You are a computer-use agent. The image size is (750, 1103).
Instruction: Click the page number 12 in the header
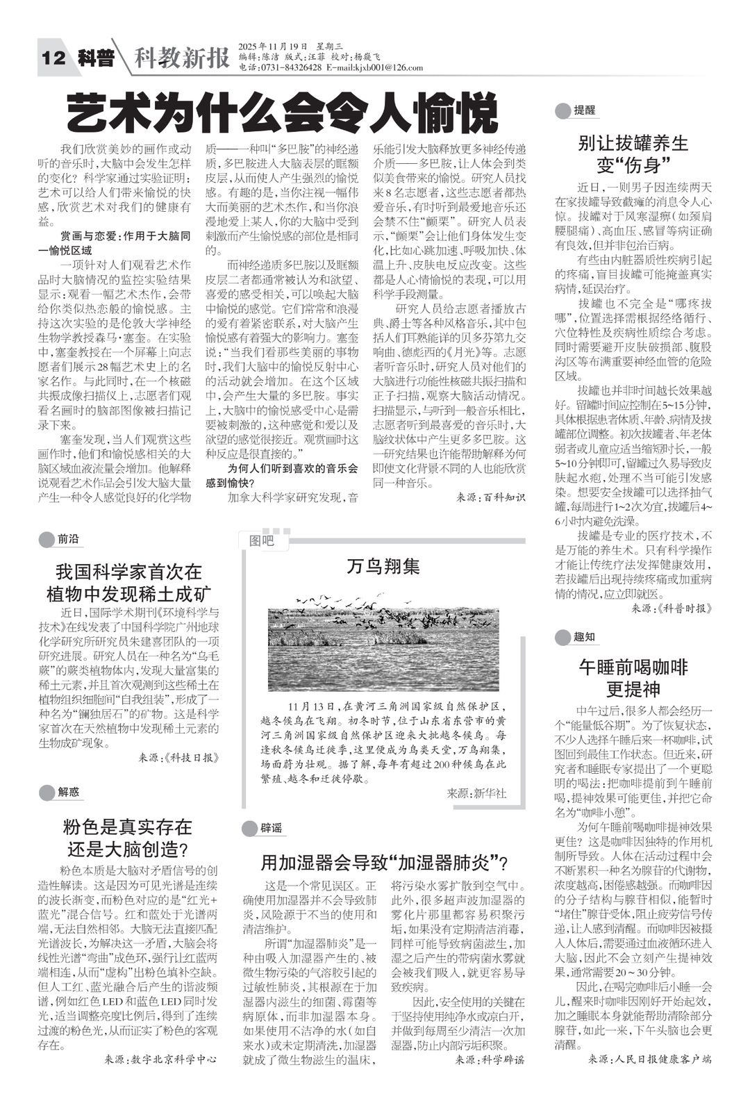53,58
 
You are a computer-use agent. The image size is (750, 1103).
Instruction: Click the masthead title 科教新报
181,58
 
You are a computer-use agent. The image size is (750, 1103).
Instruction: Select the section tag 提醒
584,110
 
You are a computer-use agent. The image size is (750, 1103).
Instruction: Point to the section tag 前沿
67,538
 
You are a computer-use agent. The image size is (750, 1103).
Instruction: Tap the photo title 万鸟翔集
383,566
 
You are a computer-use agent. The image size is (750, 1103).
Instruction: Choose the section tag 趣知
583,637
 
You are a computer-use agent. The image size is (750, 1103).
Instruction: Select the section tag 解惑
68,791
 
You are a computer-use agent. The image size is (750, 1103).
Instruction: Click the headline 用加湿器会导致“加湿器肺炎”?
383,863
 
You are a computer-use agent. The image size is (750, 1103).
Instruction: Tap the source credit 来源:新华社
476,793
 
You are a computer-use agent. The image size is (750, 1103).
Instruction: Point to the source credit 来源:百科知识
490,497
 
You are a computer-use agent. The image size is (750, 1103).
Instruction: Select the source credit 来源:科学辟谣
490,1060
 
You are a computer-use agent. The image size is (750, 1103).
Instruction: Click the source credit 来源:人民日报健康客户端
650,1060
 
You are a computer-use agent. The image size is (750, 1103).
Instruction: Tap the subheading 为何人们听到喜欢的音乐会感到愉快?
283,475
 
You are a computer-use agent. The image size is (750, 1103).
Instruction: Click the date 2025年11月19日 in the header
273,46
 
